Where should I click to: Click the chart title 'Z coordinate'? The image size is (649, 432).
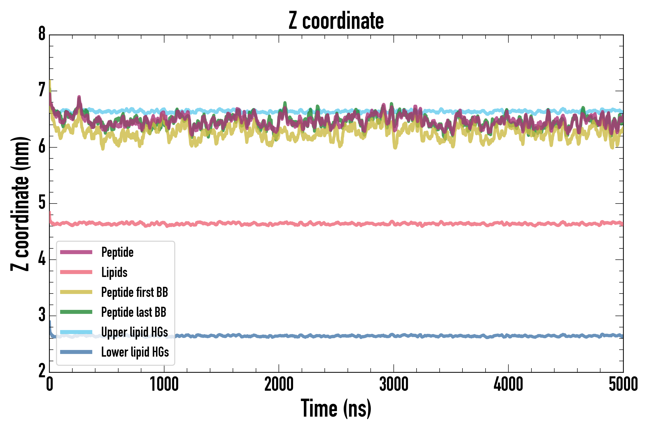coord(336,21)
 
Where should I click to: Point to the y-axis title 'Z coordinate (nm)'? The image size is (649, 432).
coord(20,204)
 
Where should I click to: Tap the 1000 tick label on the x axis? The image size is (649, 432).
coord(164,384)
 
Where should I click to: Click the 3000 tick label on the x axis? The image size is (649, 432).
coord(394,384)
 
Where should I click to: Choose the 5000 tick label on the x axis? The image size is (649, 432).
coord(623,384)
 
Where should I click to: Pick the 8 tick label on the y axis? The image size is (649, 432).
coord(42,34)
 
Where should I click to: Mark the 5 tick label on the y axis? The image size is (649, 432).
coord(42,203)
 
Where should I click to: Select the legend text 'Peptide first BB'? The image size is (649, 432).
coord(135,292)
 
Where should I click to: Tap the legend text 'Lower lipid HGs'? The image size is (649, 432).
coord(135,352)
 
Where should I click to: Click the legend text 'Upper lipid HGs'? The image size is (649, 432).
coord(135,332)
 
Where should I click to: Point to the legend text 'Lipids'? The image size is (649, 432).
coord(114,272)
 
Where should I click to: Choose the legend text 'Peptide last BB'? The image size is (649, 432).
coord(134,312)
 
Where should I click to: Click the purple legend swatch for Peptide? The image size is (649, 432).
coord(76,252)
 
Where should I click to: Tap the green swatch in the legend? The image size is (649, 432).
coord(76,312)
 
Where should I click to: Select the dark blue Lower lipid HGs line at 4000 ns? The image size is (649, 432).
coord(508,336)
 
